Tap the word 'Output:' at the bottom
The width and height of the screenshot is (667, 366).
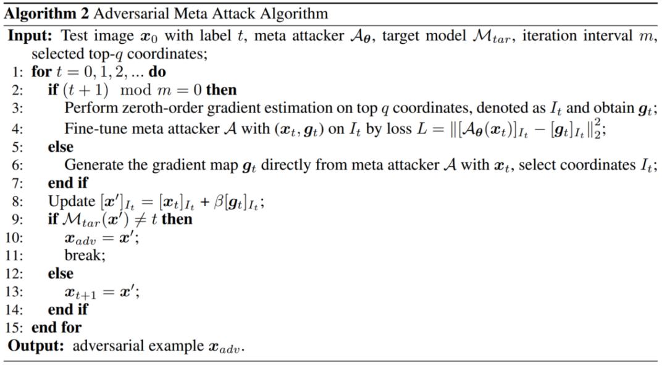(x=34, y=345)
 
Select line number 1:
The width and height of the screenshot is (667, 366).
(x=17, y=72)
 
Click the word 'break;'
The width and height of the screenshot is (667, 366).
(x=85, y=255)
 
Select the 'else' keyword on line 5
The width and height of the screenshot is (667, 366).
(x=60, y=147)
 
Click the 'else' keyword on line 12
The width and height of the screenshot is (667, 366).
(x=60, y=273)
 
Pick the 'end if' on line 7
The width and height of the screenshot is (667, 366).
(x=67, y=183)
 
